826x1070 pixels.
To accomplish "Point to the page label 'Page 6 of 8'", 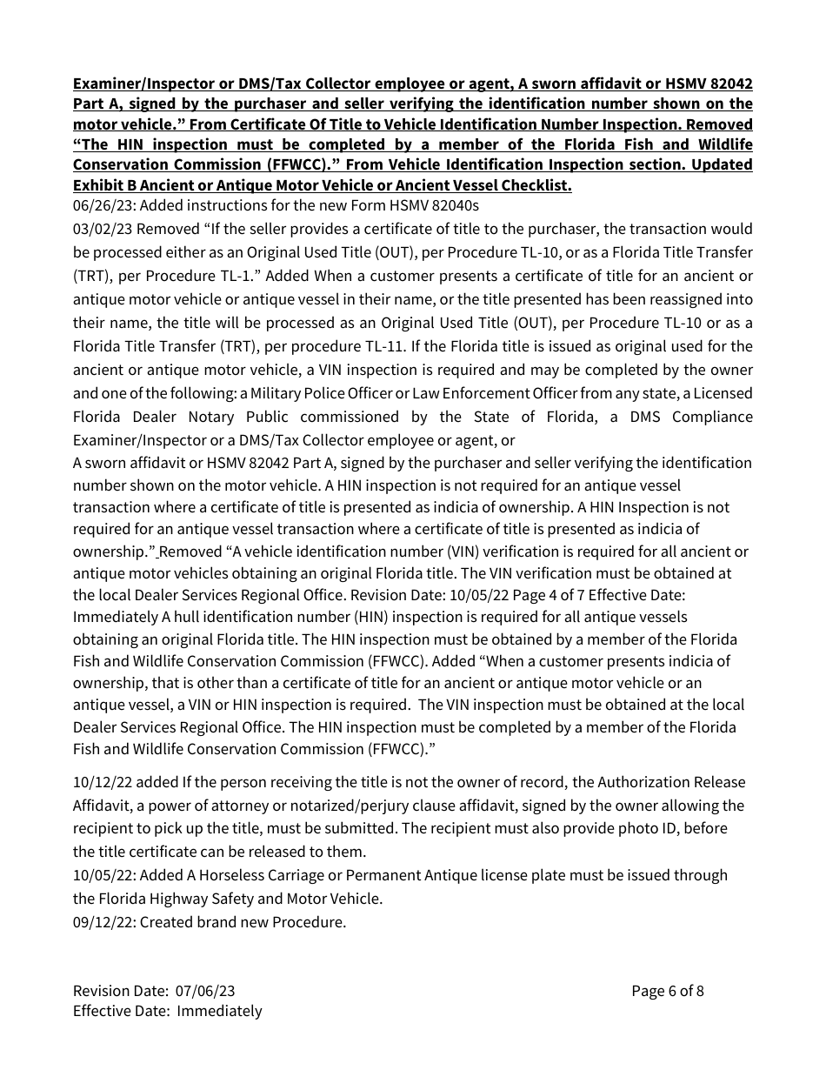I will coord(667,991).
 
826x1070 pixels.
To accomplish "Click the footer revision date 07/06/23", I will coord(205,991).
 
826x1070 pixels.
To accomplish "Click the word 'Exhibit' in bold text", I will coord(98,185).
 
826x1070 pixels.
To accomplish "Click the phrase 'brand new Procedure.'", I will coord(272,921).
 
